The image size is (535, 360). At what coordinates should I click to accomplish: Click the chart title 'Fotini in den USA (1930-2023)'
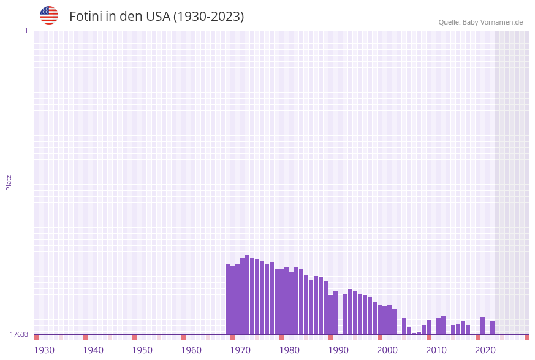pyautogui.click(x=156, y=17)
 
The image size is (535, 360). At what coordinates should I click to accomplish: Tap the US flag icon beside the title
pyautogui.click(x=49, y=15)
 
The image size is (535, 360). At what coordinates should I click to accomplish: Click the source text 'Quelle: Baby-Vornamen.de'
pyautogui.click(x=480, y=22)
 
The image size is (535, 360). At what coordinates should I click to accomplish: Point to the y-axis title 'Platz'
pyautogui.click(x=9, y=182)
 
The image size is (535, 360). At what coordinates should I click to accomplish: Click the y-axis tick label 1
pyautogui.click(x=26, y=31)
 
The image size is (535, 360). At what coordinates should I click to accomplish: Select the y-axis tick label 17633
pyautogui.click(x=19, y=334)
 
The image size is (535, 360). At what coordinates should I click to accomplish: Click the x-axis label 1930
pyautogui.click(x=44, y=350)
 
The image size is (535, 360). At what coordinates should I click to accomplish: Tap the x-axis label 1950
pyautogui.click(x=142, y=350)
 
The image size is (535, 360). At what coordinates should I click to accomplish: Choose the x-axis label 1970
pyautogui.click(x=240, y=350)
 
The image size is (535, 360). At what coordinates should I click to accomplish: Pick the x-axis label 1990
pyautogui.click(x=338, y=350)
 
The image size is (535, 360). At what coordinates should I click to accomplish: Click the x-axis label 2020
pyautogui.click(x=485, y=350)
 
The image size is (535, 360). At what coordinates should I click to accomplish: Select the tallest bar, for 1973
pyautogui.click(x=248, y=294)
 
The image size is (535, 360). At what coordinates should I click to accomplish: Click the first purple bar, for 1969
pyautogui.click(x=228, y=299)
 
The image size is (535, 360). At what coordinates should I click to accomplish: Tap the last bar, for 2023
pyautogui.click(x=493, y=328)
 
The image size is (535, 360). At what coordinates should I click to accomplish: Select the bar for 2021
pyautogui.click(x=483, y=326)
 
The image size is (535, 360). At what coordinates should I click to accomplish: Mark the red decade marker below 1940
pyautogui.click(x=86, y=337)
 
